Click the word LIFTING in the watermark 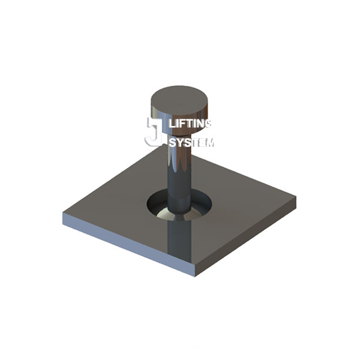191,124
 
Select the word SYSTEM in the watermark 191,143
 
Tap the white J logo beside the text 154,132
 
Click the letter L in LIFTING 173,124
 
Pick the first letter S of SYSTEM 173,143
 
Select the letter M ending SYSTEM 209,143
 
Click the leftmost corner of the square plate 64,215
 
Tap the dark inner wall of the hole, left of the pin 157,201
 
